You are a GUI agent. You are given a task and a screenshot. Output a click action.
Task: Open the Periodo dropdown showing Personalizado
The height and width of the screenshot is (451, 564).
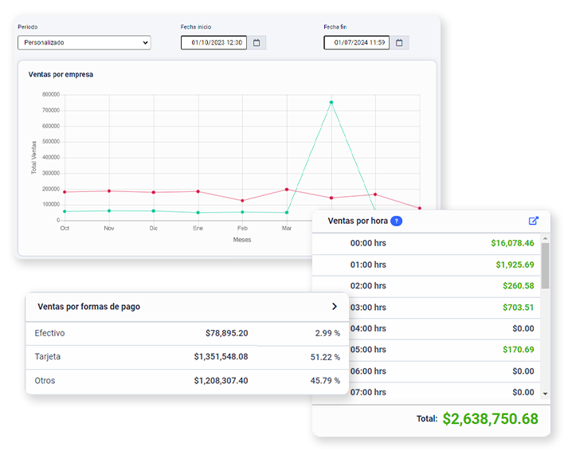click(84, 42)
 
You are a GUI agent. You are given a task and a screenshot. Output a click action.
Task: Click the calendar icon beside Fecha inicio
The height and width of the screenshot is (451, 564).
click(257, 43)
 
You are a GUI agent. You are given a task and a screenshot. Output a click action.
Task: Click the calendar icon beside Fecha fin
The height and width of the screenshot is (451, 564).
click(399, 43)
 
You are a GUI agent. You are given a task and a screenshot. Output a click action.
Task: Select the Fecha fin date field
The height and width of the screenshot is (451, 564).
click(356, 42)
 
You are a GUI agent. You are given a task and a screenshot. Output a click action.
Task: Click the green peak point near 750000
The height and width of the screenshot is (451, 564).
click(331, 103)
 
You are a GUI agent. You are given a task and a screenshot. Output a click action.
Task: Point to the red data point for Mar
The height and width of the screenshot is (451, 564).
click(287, 190)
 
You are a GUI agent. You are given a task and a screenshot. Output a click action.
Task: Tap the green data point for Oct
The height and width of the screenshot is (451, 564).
click(65, 211)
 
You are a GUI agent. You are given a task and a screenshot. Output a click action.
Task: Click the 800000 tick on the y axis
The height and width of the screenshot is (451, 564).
click(51, 95)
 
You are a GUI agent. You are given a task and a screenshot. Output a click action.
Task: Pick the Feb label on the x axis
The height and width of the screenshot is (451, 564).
click(242, 228)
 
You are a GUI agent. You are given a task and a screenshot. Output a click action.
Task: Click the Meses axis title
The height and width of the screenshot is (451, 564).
click(242, 240)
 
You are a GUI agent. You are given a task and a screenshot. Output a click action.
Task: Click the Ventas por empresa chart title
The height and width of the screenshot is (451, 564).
click(61, 74)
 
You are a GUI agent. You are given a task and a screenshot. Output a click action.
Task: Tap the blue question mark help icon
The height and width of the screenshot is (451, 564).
click(397, 221)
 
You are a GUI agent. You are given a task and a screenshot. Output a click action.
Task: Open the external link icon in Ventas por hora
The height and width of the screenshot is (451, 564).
click(534, 221)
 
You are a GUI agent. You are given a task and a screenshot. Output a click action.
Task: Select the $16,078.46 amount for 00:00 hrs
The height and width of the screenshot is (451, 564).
click(512, 243)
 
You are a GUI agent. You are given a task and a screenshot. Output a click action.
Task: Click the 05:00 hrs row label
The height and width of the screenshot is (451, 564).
click(368, 350)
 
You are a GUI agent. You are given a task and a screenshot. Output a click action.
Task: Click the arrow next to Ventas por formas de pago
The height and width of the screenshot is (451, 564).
click(335, 307)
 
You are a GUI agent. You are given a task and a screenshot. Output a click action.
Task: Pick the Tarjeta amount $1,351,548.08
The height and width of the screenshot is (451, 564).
click(221, 357)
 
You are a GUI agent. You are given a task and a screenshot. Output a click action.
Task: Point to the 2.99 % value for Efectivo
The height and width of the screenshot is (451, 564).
click(327, 333)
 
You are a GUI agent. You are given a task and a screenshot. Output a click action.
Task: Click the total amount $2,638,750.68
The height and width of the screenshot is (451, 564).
click(490, 418)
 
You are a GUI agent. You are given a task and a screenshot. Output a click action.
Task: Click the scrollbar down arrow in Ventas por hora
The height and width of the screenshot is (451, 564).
click(546, 394)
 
